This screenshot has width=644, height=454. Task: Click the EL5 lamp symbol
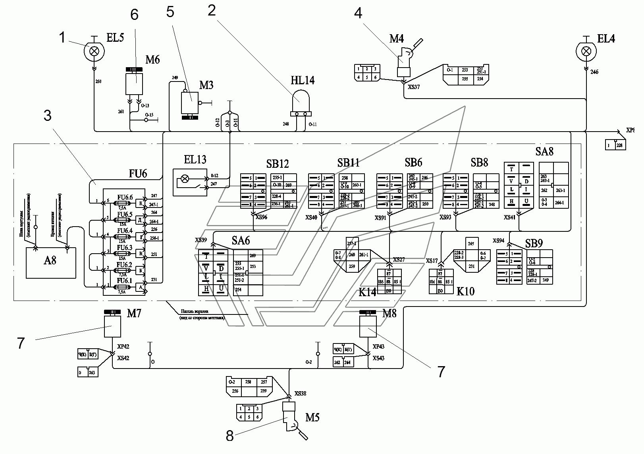pyautogui.click(x=94, y=51)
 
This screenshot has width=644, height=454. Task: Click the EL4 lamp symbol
pyautogui.click(x=586, y=51)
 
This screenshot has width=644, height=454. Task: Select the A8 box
pyautogui.click(x=50, y=262)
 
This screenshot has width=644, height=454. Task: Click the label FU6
pyautogui.click(x=138, y=173)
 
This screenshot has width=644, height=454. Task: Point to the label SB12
pyautogui.click(x=278, y=164)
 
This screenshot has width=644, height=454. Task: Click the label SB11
pyautogui.click(x=348, y=163)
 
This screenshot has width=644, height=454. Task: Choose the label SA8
pyautogui.click(x=544, y=151)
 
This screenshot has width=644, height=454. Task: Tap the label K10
pyautogui.click(x=465, y=291)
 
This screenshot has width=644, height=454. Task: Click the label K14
pyautogui.click(x=367, y=292)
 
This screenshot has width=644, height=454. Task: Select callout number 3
pyautogui.click(x=48, y=116)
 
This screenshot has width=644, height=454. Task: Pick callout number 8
pyautogui.click(x=229, y=436)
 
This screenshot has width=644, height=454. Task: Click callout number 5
pyautogui.click(x=170, y=12)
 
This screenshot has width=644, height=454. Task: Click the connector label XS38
pyautogui.click(x=300, y=394)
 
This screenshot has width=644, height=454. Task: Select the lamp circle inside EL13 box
pyautogui.click(x=185, y=179)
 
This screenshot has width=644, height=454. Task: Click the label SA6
pyautogui.click(x=241, y=240)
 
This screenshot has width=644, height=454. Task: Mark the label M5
pyautogui.click(x=312, y=417)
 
